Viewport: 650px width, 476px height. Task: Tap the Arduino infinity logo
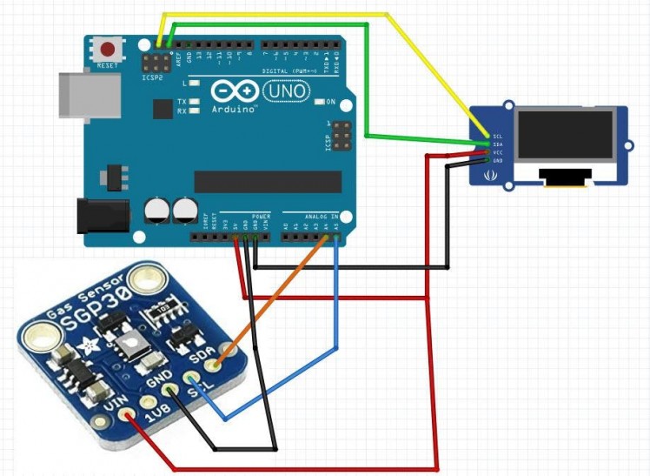(x=234, y=91)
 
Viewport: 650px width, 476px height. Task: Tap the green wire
(x=368, y=87)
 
